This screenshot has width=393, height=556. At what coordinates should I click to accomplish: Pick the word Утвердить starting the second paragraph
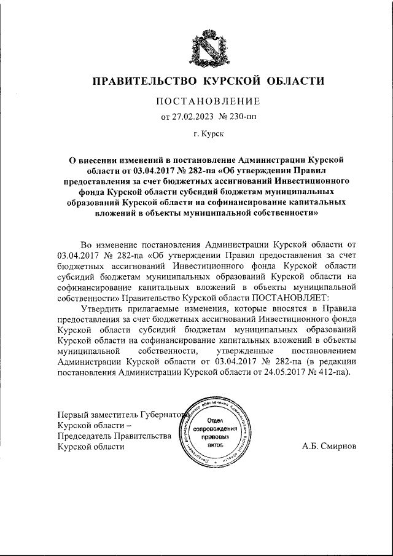coord(102,308)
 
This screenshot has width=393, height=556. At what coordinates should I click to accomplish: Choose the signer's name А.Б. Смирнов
coord(329,447)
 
